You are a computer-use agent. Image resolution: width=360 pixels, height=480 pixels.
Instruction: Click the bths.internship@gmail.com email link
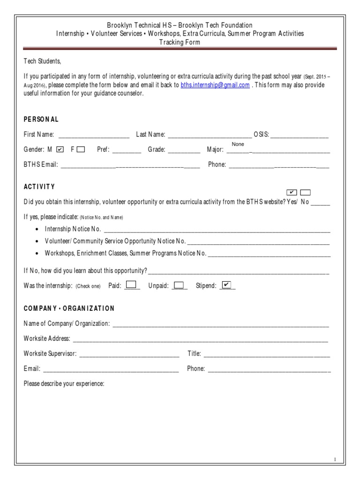pos(215,85)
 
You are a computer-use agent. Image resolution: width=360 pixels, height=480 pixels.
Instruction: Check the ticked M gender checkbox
pos(60,150)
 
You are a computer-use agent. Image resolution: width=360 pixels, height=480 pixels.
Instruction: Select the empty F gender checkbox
pos(81,150)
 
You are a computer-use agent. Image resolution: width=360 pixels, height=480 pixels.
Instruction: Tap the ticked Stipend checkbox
pos(226,285)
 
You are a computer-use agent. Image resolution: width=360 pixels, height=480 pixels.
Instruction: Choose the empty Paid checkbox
pos(132,285)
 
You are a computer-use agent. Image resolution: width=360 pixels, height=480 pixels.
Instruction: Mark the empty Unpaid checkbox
pos(179,285)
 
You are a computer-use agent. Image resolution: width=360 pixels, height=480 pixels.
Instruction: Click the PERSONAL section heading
pos(41,120)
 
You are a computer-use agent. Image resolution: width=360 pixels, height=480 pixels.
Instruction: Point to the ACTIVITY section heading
pos(39,187)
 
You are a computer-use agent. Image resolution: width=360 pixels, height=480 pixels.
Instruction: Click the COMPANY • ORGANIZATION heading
pos(69,308)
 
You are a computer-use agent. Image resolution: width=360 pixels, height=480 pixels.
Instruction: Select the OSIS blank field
pos(300,135)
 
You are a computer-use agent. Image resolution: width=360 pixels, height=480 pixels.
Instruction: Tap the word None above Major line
pos(238,144)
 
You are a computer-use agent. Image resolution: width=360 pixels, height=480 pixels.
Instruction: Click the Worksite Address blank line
pos(200,339)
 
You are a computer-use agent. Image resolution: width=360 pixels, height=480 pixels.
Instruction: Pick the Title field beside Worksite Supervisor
pos(266,354)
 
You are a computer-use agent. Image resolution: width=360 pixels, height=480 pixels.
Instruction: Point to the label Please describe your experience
pos(64,384)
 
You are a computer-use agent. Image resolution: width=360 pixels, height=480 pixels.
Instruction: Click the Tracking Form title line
pos(180,42)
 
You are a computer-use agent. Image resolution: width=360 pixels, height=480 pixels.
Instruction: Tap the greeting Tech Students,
pos(43,61)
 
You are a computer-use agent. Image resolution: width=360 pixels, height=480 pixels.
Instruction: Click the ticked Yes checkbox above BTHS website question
pos(291,193)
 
